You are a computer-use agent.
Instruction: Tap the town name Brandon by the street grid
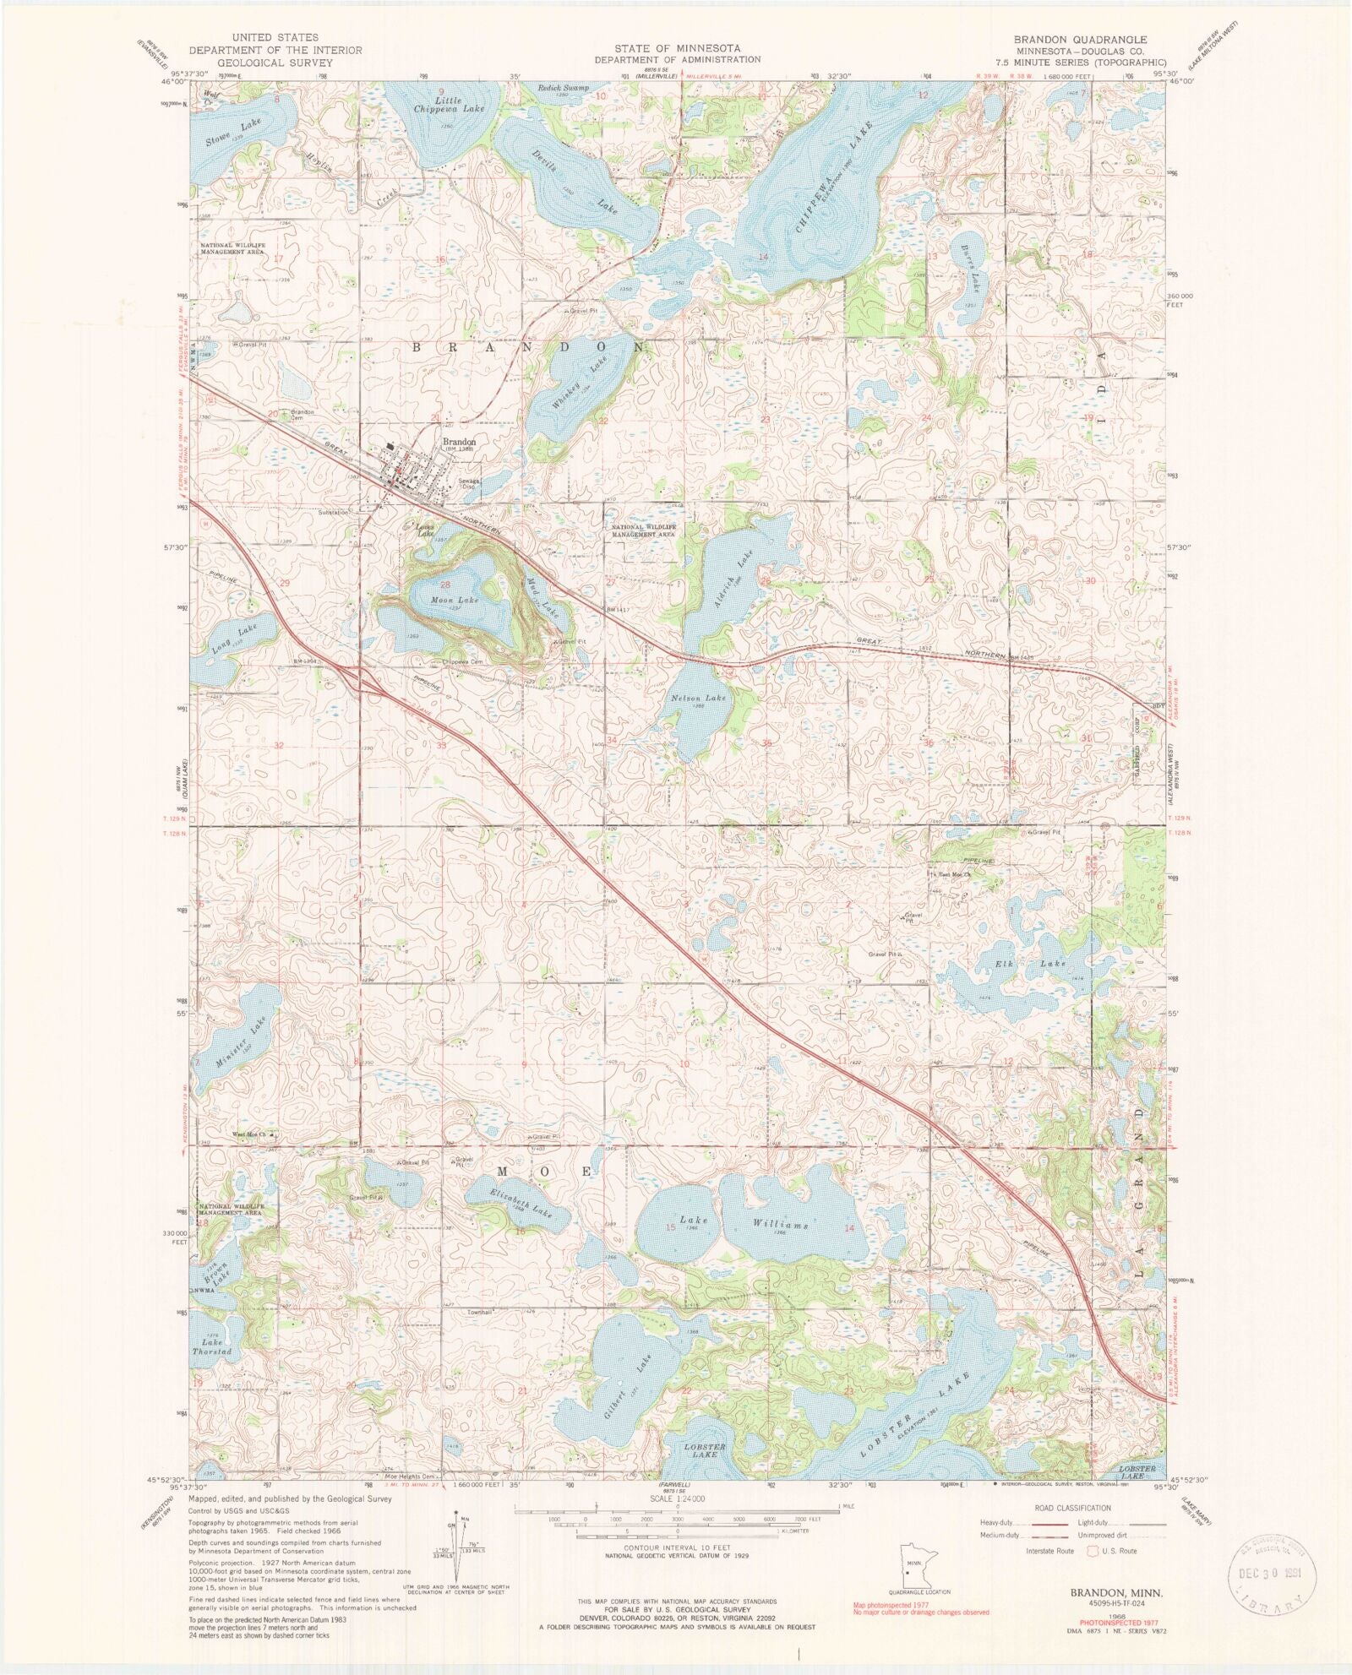coord(460,441)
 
